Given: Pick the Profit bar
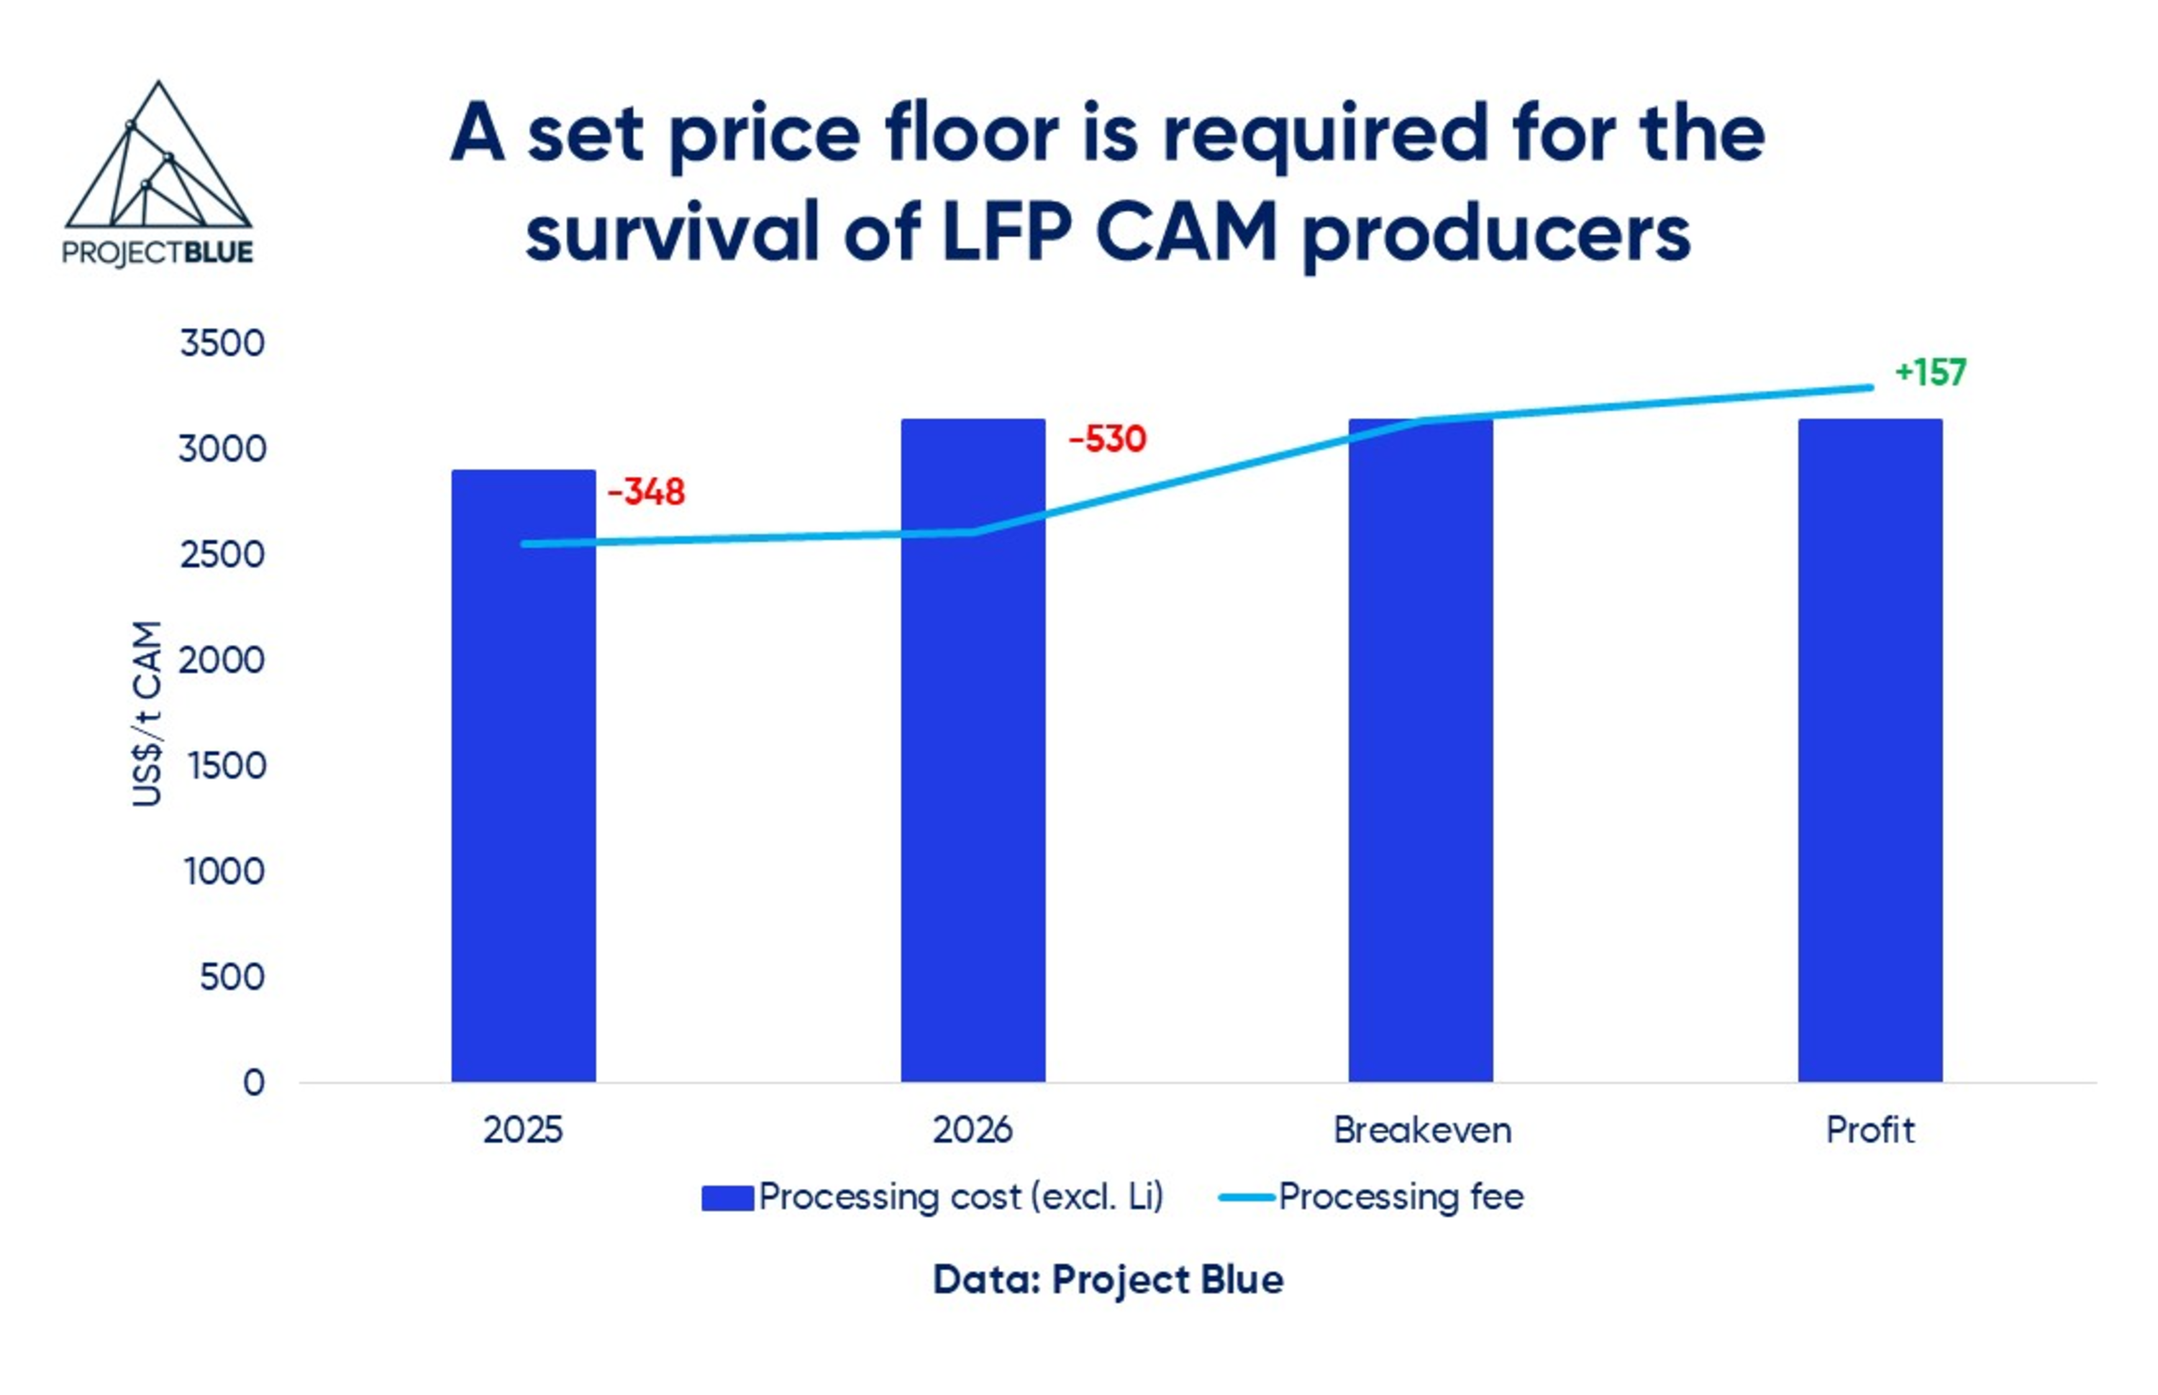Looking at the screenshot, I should tap(1869, 752).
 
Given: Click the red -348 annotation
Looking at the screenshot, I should tap(646, 493).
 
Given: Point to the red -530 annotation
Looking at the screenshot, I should tap(1106, 439).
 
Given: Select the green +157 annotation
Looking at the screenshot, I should tap(1930, 372).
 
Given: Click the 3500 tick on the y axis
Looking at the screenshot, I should tap(222, 343).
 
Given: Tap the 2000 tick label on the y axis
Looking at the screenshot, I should tap(222, 660).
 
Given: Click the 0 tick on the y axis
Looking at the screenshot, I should tap(254, 1082).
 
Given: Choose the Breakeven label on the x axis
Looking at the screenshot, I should tap(1421, 1130).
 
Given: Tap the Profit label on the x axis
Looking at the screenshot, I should tap(1869, 1130).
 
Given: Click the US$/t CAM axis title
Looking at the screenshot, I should tap(147, 714).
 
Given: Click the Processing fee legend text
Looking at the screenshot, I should tap(1401, 1197).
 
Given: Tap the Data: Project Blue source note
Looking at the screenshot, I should tap(1107, 1280).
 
